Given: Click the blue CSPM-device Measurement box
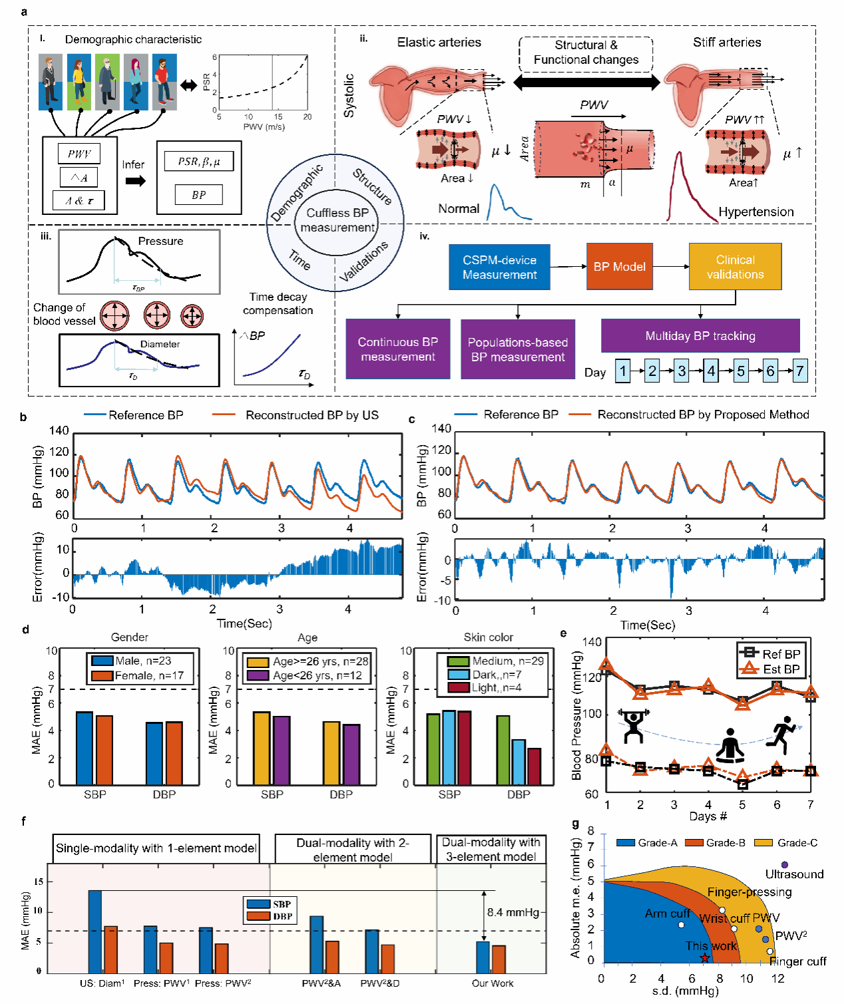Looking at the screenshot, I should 499,267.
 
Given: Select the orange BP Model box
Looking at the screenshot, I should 619,267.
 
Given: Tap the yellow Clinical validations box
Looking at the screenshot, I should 735,267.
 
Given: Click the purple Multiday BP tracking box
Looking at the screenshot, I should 700,336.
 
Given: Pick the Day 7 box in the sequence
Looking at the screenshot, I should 799,371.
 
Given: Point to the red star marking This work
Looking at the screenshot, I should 704,958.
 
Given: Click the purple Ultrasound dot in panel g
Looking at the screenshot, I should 785,864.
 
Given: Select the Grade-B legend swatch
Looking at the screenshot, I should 695,843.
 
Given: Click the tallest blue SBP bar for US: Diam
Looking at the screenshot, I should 95,931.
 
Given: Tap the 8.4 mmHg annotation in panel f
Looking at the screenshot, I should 513,912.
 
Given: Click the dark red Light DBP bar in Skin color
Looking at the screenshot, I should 534,766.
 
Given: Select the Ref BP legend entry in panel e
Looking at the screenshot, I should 772,654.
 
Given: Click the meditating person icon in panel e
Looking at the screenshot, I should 730,745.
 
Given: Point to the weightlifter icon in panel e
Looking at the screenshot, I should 633,726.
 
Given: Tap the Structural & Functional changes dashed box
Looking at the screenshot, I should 586,53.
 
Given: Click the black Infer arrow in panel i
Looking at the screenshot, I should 136,181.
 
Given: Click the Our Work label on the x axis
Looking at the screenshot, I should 493,983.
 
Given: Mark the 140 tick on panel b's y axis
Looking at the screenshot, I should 59,430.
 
